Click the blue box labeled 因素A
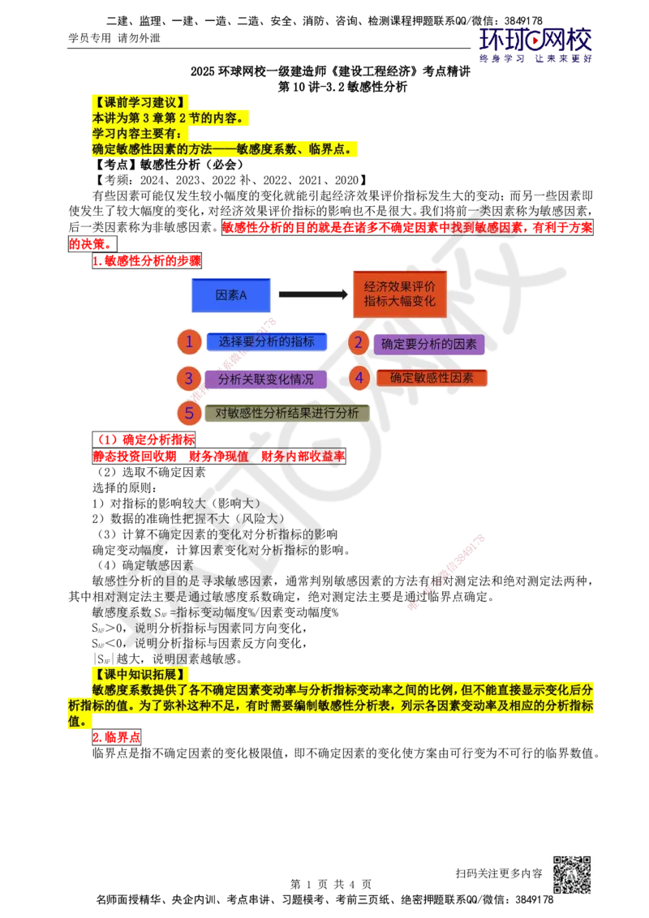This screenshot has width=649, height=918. [x=230, y=296]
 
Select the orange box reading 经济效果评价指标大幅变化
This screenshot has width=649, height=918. [x=399, y=294]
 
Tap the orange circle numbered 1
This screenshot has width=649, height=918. [x=189, y=342]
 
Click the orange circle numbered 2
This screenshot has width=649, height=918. [x=359, y=343]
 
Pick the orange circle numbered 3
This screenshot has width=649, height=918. [x=189, y=378]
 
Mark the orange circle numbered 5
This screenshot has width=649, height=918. [x=189, y=413]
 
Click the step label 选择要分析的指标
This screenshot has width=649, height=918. [x=266, y=342]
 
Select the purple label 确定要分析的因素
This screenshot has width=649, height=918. [x=428, y=344]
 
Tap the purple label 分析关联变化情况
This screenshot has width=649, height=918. [x=265, y=379]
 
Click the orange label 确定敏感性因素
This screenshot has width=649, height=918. [x=432, y=378]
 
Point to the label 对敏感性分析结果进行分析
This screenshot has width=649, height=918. [x=286, y=413]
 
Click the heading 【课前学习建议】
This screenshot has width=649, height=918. [x=142, y=102]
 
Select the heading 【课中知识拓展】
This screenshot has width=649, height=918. [x=142, y=675]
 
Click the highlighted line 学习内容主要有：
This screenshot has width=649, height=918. [x=137, y=133]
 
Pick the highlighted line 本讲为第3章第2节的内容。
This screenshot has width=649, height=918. [x=167, y=118]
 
